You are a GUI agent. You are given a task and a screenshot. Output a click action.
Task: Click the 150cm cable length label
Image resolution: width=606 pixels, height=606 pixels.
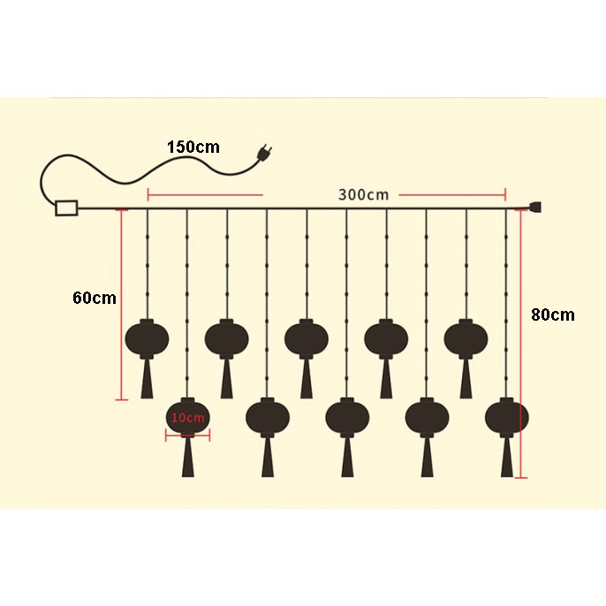[193, 147]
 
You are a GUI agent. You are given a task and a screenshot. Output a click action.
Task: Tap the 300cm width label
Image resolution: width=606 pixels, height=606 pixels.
[363, 194]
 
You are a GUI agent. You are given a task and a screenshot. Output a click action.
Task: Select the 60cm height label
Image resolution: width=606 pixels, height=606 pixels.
[94, 298]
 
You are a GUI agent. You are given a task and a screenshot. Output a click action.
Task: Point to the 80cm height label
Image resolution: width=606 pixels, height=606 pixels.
[553, 314]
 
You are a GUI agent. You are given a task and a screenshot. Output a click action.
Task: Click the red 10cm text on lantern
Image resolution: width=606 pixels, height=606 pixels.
[187, 417]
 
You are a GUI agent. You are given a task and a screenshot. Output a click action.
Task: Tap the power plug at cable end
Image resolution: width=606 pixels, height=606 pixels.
[262, 156]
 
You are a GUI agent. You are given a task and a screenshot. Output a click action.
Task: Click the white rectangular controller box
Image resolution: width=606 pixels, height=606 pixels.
[66, 208]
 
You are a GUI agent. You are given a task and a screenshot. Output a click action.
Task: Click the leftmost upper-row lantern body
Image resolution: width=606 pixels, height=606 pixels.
[148, 337]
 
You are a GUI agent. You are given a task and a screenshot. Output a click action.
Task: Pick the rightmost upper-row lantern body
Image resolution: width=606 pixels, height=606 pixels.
[466, 337]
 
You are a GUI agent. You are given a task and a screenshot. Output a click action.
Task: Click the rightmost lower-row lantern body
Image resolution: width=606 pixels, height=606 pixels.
[507, 417]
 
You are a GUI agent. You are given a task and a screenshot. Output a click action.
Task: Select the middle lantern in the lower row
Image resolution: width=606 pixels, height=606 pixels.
[347, 417]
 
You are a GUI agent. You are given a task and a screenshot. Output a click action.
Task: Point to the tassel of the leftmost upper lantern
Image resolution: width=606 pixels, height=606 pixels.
[148, 380]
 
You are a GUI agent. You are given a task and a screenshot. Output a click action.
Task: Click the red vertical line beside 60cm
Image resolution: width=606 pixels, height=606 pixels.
[121, 305]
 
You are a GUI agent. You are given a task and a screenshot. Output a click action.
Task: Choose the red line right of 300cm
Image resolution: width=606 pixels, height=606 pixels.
[451, 194]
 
